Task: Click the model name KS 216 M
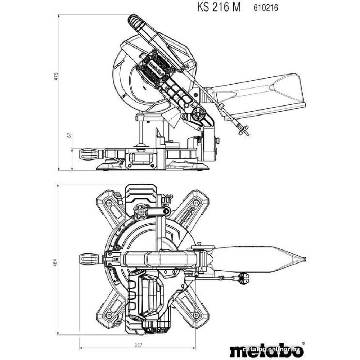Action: pyautogui.click(x=219, y=7)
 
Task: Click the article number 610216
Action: pyautogui.click(x=266, y=8)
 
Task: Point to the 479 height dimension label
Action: pyautogui.click(x=56, y=76)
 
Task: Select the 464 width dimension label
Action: pyautogui.click(x=55, y=262)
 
